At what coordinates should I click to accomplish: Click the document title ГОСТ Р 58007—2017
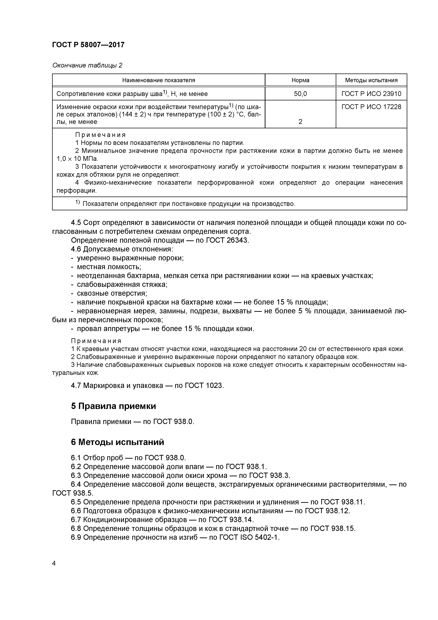point(88,45)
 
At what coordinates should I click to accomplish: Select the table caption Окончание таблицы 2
point(87,65)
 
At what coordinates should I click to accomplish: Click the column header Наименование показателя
point(158,80)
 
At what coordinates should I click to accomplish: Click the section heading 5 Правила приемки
point(113,406)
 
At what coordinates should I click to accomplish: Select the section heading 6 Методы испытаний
point(117,442)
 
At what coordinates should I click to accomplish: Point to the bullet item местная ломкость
point(109,267)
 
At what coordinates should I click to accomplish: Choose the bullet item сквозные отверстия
point(112,293)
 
